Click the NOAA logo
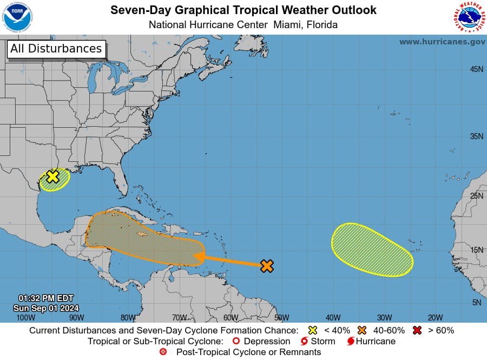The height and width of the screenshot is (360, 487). pyautogui.click(x=17, y=17)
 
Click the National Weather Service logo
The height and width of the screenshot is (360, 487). pyautogui.click(x=468, y=17)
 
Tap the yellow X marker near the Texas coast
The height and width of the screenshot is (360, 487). pyautogui.click(x=52, y=176)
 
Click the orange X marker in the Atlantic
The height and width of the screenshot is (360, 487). pyautogui.click(x=267, y=266)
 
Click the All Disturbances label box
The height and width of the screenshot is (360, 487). pyautogui.click(x=56, y=49)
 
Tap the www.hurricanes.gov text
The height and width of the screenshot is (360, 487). pyautogui.click(x=442, y=42)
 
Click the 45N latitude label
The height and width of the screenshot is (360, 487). pyautogui.click(x=476, y=69)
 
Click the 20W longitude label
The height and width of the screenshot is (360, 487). pyautogui.click(x=435, y=318)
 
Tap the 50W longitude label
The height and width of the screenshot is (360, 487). pyautogui.click(x=281, y=318)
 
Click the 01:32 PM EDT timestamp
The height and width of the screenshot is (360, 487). pyautogui.click(x=46, y=298)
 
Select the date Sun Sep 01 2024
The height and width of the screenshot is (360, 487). pyautogui.click(x=46, y=307)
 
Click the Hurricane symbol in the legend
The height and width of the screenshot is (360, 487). pyautogui.click(x=351, y=342)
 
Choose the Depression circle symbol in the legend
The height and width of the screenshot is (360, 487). pyautogui.click(x=235, y=342)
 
